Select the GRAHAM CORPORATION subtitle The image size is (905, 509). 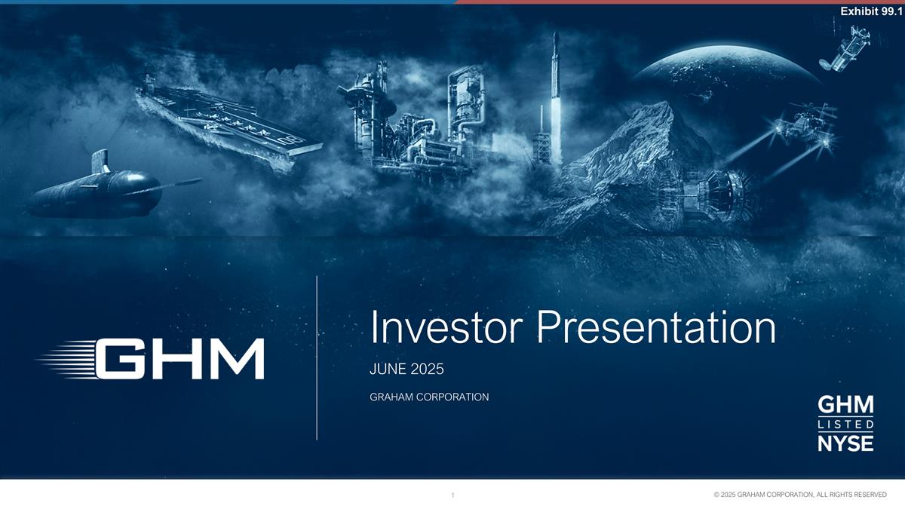(429, 397)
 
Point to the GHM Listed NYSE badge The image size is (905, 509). (845, 424)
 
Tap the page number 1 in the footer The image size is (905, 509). (452, 495)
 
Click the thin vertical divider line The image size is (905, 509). (317, 358)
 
